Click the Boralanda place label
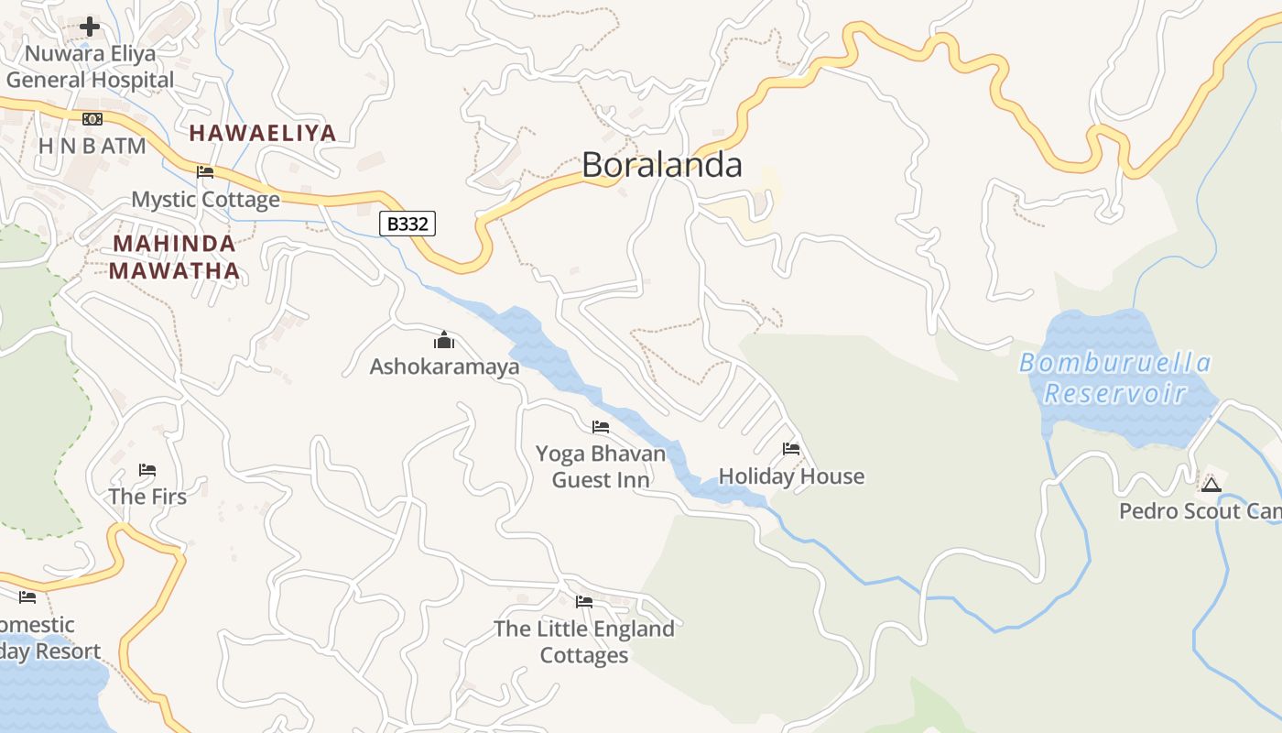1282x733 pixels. point(661,165)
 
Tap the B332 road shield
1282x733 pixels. point(407,224)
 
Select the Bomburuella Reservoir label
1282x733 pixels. point(1114,378)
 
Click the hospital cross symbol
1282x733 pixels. point(90,27)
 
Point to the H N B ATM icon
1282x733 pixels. point(92,119)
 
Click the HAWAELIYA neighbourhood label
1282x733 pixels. point(263,133)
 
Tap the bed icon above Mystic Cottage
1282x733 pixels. point(205,171)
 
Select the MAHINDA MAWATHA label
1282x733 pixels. point(174,257)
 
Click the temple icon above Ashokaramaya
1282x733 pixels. point(444,341)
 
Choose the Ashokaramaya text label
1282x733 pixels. point(444,366)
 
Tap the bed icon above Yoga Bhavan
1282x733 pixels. point(601,427)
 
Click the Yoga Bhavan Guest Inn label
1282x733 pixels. point(601,466)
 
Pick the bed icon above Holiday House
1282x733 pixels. point(791,449)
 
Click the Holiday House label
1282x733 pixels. point(791,476)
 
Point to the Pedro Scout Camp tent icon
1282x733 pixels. point(1211,484)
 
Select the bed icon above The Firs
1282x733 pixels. point(147,470)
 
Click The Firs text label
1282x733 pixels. point(147,497)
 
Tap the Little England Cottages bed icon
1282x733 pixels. point(584,602)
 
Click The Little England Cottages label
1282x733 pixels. point(584,641)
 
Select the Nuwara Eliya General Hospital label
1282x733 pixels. point(90,67)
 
